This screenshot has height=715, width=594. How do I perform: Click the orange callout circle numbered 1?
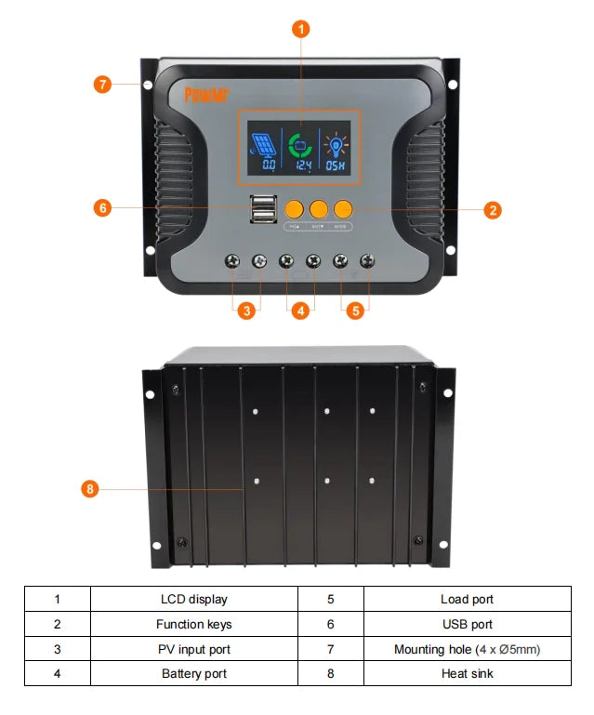pyautogui.click(x=300, y=29)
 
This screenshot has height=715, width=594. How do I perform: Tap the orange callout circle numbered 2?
pyautogui.click(x=492, y=210)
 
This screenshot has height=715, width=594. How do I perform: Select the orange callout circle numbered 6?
pyautogui.click(x=103, y=208)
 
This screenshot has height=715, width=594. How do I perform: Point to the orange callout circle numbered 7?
pyautogui.click(x=103, y=85)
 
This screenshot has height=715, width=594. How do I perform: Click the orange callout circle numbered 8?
pyautogui.click(x=90, y=487)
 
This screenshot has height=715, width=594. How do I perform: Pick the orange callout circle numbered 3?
pyautogui.click(x=246, y=311)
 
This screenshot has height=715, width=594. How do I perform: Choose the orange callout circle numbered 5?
pyautogui.click(x=353, y=311)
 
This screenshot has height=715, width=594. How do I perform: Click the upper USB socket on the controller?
pyautogui.click(x=262, y=202)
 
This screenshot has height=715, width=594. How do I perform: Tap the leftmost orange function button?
pyautogui.click(x=295, y=208)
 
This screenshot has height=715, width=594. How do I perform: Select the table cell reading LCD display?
pyautogui.click(x=193, y=600)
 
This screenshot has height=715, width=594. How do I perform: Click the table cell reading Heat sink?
pyautogui.click(x=467, y=673)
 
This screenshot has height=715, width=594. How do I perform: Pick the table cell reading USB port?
pyautogui.click(x=467, y=624)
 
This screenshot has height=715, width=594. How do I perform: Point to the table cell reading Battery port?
pyautogui.click(x=193, y=673)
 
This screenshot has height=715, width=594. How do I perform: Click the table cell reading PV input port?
pyautogui.click(x=193, y=649)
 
